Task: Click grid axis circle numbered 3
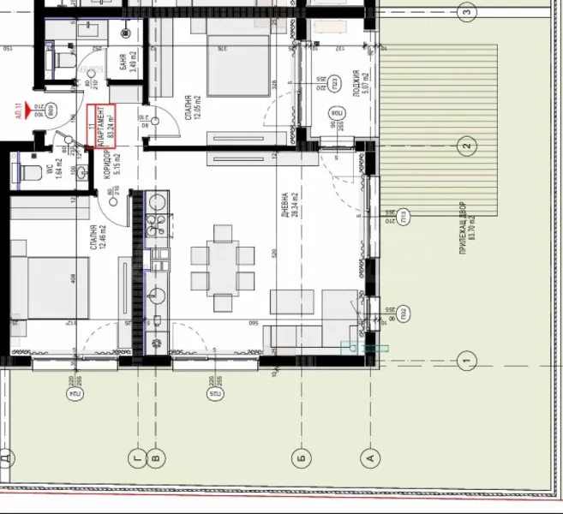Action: coord(467,12)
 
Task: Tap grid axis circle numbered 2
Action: coord(467,145)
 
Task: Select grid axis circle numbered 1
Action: coord(467,360)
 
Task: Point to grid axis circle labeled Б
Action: coord(300,457)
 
